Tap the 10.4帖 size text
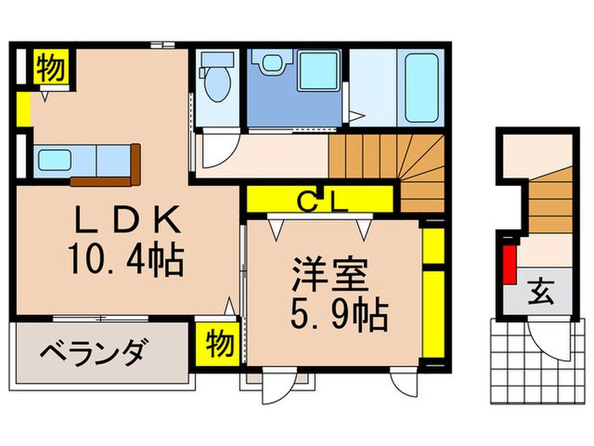click(x=127, y=260)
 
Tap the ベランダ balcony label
click(x=96, y=350)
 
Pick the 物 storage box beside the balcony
click(x=218, y=343)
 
